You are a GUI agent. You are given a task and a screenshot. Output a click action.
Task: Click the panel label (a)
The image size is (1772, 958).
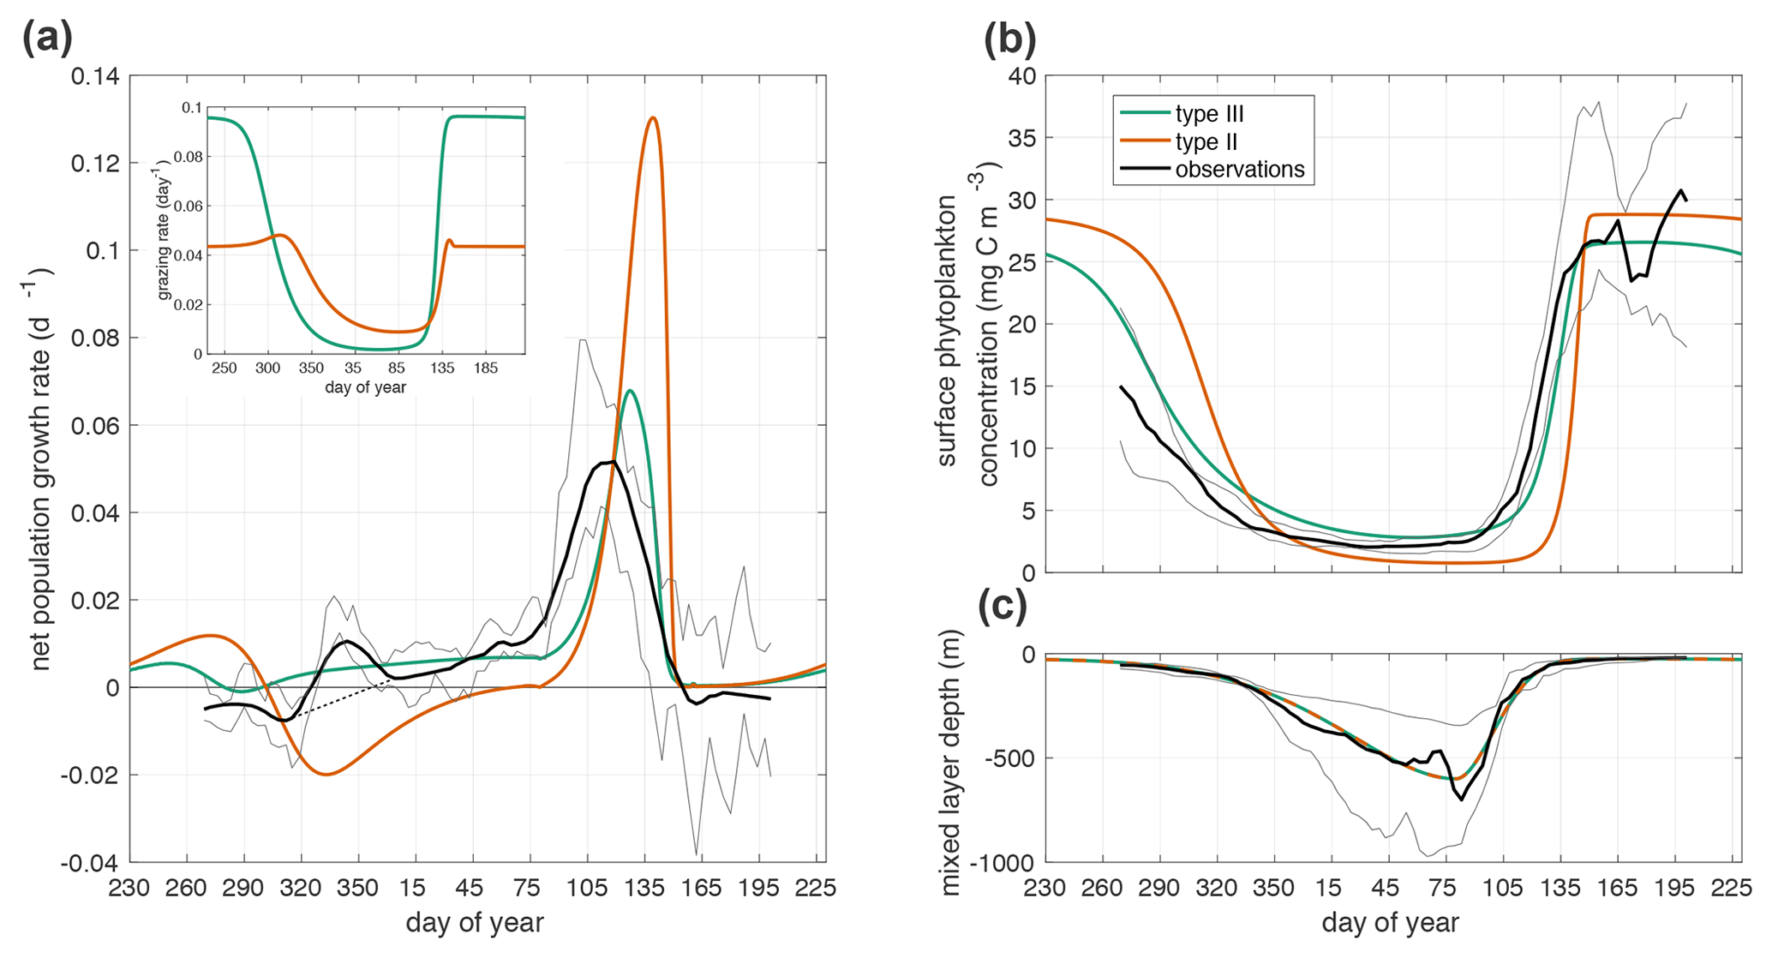click(48, 39)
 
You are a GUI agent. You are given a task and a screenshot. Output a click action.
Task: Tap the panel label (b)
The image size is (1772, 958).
click(1009, 39)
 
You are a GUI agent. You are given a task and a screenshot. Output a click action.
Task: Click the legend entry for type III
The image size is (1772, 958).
click(1209, 114)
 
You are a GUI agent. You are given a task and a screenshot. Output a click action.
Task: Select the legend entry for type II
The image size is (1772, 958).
click(1206, 141)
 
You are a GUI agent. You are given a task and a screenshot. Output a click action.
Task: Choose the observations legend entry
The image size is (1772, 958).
click(1239, 170)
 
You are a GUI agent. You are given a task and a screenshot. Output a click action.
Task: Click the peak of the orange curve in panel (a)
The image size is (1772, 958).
click(653, 117)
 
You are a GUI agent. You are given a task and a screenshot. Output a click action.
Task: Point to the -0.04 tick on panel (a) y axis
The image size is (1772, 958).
click(92, 862)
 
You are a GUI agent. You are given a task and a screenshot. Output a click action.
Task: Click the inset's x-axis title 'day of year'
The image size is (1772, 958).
click(366, 387)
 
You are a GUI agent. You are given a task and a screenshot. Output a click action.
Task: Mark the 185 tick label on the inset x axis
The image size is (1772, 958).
click(485, 368)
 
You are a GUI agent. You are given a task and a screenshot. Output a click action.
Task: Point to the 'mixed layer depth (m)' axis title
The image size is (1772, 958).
click(951, 763)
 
